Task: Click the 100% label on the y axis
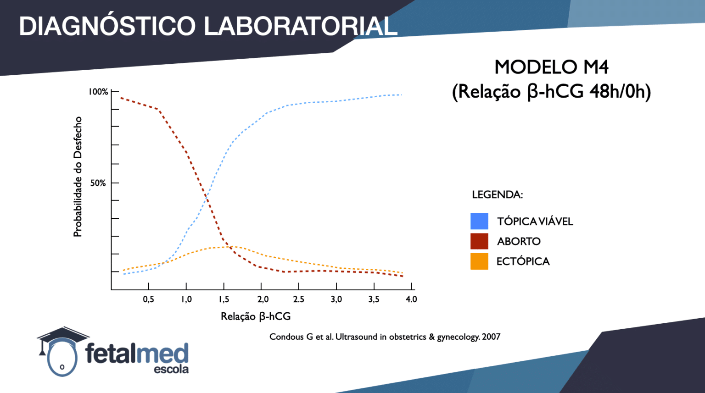pyautogui.click(x=98, y=92)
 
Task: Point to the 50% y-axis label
pyautogui.click(x=98, y=183)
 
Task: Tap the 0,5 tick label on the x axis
pyautogui.click(x=149, y=299)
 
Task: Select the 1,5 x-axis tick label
pyautogui.click(x=224, y=299)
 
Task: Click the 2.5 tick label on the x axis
pyautogui.click(x=299, y=299)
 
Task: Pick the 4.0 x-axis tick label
pyautogui.click(x=411, y=299)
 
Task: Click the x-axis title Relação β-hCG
pyautogui.click(x=256, y=316)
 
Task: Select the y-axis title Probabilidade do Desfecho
pyautogui.click(x=78, y=177)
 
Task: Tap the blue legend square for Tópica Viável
pyautogui.click(x=479, y=221)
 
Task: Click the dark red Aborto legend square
pyautogui.click(x=479, y=241)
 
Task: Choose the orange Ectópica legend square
pyautogui.click(x=479, y=261)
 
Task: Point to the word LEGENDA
pyautogui.click(x=497, y=194)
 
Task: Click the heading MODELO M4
pyautogui.click(x=551, y=67)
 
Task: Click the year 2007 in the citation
pyautogui.click(x=491, y=337)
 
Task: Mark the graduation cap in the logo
pyautogui.click(x=62, y=337)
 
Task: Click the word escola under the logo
pyautogui.click(x=171, y=369)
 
